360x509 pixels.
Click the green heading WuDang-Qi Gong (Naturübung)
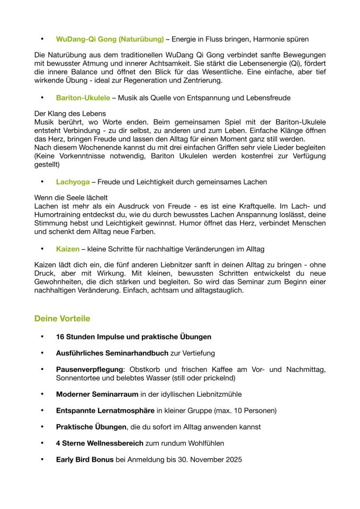[110, 39]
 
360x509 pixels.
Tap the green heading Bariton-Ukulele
[83, 98]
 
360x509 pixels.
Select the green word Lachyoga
[72, 182]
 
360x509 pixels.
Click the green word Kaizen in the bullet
[68, 249]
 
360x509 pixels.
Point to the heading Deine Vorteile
[62, 319]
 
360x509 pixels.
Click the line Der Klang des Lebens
[70, 114]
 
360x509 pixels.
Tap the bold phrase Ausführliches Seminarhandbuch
[112, 353]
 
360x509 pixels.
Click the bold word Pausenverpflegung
[89, 369]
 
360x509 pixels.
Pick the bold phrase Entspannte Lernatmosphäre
[106, 411]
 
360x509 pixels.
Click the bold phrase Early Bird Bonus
[85, 460]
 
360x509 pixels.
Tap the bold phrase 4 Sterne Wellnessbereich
[100, 443]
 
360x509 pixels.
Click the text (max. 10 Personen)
[245, 411]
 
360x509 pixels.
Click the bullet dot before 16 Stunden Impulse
[42, 337]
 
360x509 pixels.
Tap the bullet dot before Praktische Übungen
[42, 427]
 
